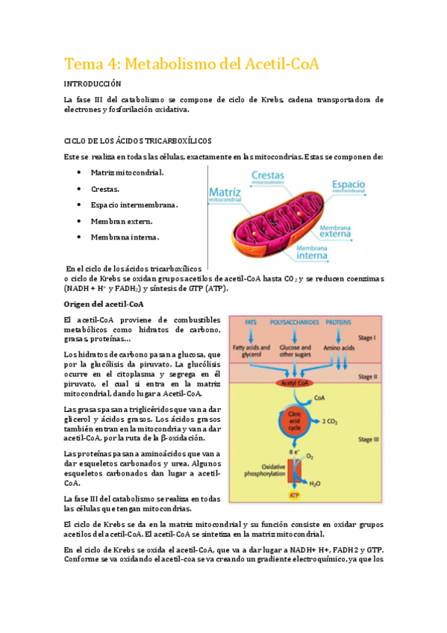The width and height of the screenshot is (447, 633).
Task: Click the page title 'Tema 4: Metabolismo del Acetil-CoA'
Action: [x=192, y=64]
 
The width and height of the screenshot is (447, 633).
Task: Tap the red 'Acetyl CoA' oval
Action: [x=293, y=384]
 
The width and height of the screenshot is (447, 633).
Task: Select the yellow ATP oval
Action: [x=293, y=494]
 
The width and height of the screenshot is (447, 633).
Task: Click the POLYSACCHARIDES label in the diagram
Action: [x=293, y=322]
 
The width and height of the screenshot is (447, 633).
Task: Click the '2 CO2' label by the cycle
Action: [x=329, y=422]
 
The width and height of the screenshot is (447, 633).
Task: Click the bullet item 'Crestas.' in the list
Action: [x=104, y=189]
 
